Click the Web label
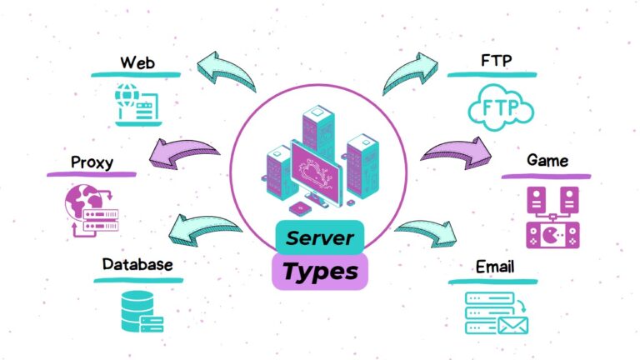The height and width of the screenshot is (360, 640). click(137, 62)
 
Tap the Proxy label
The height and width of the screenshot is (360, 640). click(92, 162)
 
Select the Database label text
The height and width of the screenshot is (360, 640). click(137, 264)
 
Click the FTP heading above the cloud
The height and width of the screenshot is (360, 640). click(497, 60)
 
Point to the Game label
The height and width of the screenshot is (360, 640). click(547, 160)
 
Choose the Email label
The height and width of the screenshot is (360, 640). click(495, 267)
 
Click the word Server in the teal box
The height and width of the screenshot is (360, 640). click(320, 238)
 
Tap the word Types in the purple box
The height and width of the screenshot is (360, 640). click(320, 272)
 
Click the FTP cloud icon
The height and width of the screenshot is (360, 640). click(501, 107)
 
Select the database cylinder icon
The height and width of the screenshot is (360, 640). click(137, 311)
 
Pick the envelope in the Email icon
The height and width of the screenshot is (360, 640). click(513, 325)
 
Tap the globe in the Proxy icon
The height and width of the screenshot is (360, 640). click(83, 202)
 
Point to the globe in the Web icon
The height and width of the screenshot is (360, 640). click(127, 95)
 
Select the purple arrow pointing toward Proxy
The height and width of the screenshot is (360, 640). click(182, 152)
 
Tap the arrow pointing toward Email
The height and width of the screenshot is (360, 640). click(427, 232)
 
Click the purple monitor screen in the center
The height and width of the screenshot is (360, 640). click(317, 173)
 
